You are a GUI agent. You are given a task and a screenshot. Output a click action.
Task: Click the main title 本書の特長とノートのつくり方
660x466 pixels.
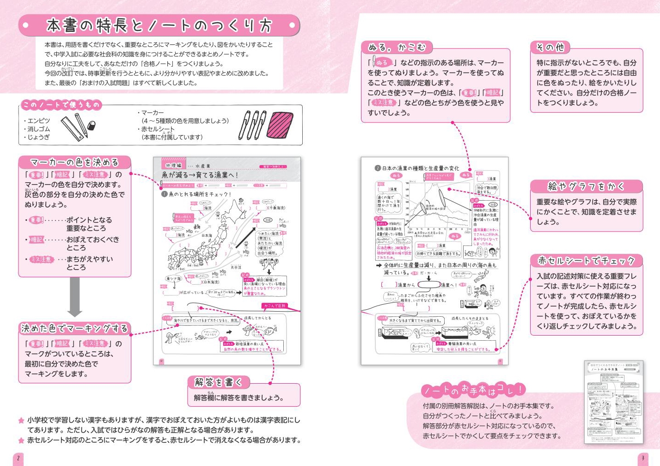[159, 25]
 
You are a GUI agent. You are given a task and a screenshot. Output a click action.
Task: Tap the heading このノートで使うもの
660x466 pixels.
[61, 105]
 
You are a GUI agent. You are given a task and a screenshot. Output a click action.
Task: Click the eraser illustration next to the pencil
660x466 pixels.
[92, 125]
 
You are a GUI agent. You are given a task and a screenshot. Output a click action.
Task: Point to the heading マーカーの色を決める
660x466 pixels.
[74, 162]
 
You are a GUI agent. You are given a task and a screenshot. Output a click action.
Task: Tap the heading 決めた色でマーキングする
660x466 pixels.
[74, 329]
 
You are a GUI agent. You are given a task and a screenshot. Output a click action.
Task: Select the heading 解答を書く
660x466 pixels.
[218, 382]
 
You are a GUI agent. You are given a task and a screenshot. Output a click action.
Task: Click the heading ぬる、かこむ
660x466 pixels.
[397, 47]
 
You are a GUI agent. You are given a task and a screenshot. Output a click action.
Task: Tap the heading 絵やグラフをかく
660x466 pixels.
[586, 186]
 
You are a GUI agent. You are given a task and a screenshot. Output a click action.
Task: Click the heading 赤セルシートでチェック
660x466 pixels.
[586, 261]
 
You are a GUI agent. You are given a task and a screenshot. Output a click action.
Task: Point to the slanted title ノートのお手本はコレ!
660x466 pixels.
[473, 391]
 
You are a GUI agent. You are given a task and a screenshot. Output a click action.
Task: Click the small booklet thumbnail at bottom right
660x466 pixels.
[613, 402]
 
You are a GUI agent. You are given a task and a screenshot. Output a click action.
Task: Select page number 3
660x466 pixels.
[642, 459]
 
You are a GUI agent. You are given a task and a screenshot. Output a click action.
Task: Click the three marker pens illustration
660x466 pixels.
[252, 125]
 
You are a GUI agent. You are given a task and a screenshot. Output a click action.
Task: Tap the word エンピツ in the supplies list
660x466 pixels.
[39, 121]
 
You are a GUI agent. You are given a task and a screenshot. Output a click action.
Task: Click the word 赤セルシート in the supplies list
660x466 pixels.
[158, 129]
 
